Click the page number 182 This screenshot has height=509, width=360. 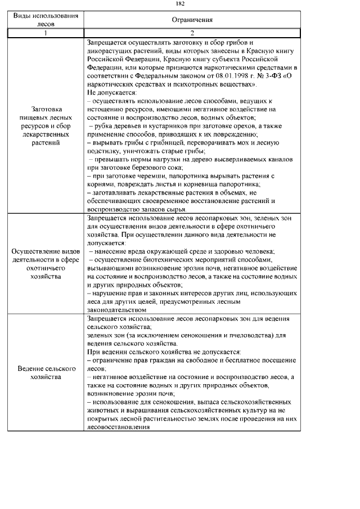coord(180,4)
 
